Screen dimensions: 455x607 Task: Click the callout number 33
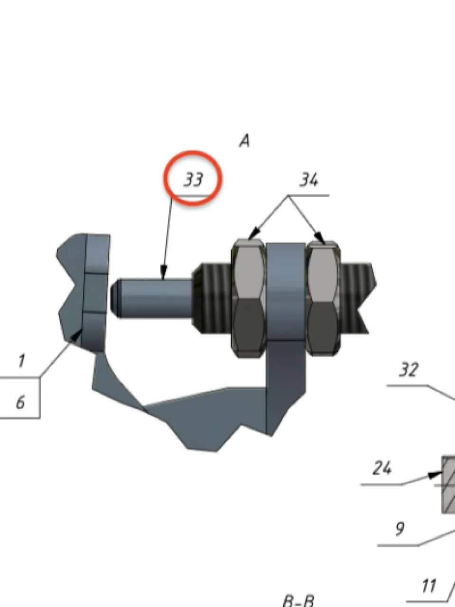pyautogui.click(x=194, y=179)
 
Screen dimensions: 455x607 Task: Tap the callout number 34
pyautogui.click(x=309, y=179)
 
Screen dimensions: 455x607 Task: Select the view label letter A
pyautogui.click(x=244, y=141)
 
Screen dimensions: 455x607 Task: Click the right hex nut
pyautogui.click(x=323, y=298)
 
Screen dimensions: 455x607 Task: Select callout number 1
pyautogui.click(x=21, y=361)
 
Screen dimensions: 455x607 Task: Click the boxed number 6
pyautogui.click(x=20, y=402)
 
